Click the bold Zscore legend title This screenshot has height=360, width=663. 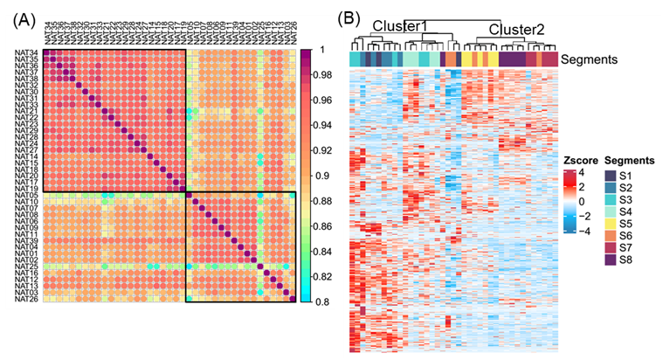[578, 162]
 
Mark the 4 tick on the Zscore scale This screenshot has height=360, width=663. [584, 174]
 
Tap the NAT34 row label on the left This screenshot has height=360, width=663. [27, 52]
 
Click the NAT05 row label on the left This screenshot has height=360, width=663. [27, 197]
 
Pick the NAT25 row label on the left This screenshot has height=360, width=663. [27, 266]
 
